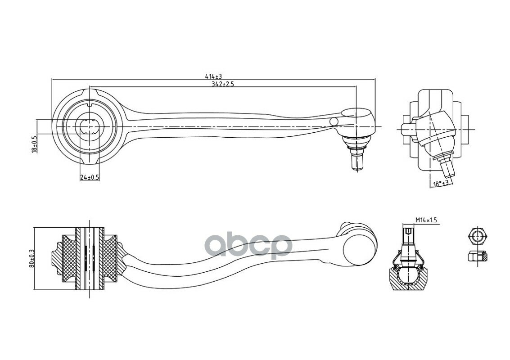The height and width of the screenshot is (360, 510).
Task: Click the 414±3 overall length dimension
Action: [213, 76]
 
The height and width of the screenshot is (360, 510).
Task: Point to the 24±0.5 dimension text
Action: [90, 177]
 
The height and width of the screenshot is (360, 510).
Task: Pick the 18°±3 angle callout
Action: [441, 183]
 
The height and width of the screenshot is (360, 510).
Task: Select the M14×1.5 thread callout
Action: [426, 220]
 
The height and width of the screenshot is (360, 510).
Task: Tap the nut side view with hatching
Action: [478, 257]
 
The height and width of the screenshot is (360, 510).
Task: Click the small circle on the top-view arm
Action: [334, 121]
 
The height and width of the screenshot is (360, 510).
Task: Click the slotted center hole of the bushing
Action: [90, 126]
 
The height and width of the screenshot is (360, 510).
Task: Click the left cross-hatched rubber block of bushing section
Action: [69, 259]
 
